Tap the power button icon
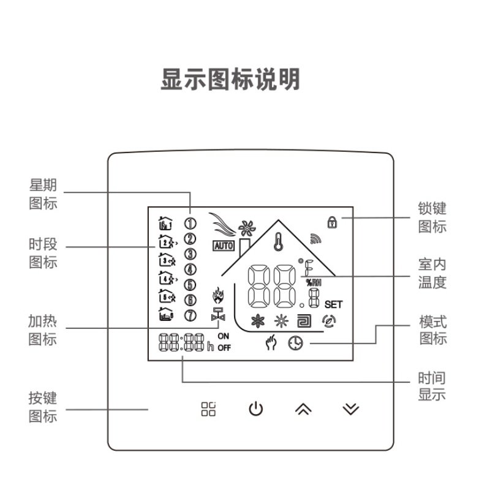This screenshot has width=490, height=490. pyautogui.click(x=255, y=409)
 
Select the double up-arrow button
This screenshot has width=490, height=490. pyautogui.click(x=303, y=409)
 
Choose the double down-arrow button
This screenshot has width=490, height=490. pyautogui.click(x=350, y=409)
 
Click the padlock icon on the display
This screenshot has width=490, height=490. pyautogui.click(x=331, y=221)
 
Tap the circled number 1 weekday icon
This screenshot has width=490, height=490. pyautogui.click(x=190, y=224)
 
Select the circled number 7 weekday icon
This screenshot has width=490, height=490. pyautogui.click(x=190, y=315)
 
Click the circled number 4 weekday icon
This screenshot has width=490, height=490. pyautogui.click(x=190, y=269)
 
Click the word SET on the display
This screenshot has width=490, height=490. pyautogui.click(x=334, y=304)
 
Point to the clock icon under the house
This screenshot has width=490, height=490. pyautogui.click(x=296, y=344)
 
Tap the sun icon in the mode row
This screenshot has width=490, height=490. pyautogui.click(x=281, y=321)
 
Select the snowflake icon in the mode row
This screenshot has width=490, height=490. pyautogui.click(x=257, y=321)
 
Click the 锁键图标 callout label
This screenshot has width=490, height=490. pyautogui.click(x=432, y=218)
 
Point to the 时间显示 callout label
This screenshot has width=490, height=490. pyautogui.click(x=432, y=386)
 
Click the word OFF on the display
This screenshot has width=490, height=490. pyautogui.click(x=224, y=349)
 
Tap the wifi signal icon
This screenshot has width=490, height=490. pyautogui.click(x=315, y=236)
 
